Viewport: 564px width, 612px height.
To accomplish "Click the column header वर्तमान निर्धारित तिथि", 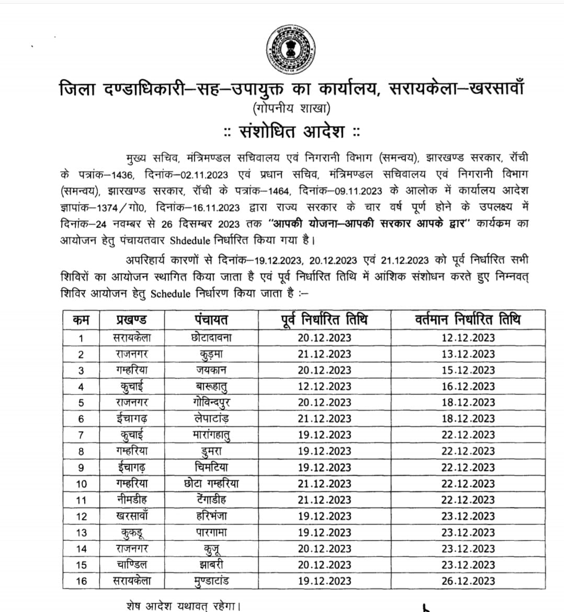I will (x=468, y=319).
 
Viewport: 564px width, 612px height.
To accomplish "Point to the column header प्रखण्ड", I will (x=131, y=320).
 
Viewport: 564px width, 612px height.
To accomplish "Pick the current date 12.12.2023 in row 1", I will (x=468, y=338).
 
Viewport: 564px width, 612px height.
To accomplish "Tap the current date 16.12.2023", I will (x=468, y=387).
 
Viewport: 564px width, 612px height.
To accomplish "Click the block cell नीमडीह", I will (x=131, y=500).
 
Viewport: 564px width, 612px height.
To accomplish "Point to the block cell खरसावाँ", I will (x=131, y=516).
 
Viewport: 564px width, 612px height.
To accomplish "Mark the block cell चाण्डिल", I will (x=131, y=565).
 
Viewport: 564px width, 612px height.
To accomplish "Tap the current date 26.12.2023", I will (x=468, y=581).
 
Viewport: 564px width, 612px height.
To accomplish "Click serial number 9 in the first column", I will (x=81, y=468).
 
